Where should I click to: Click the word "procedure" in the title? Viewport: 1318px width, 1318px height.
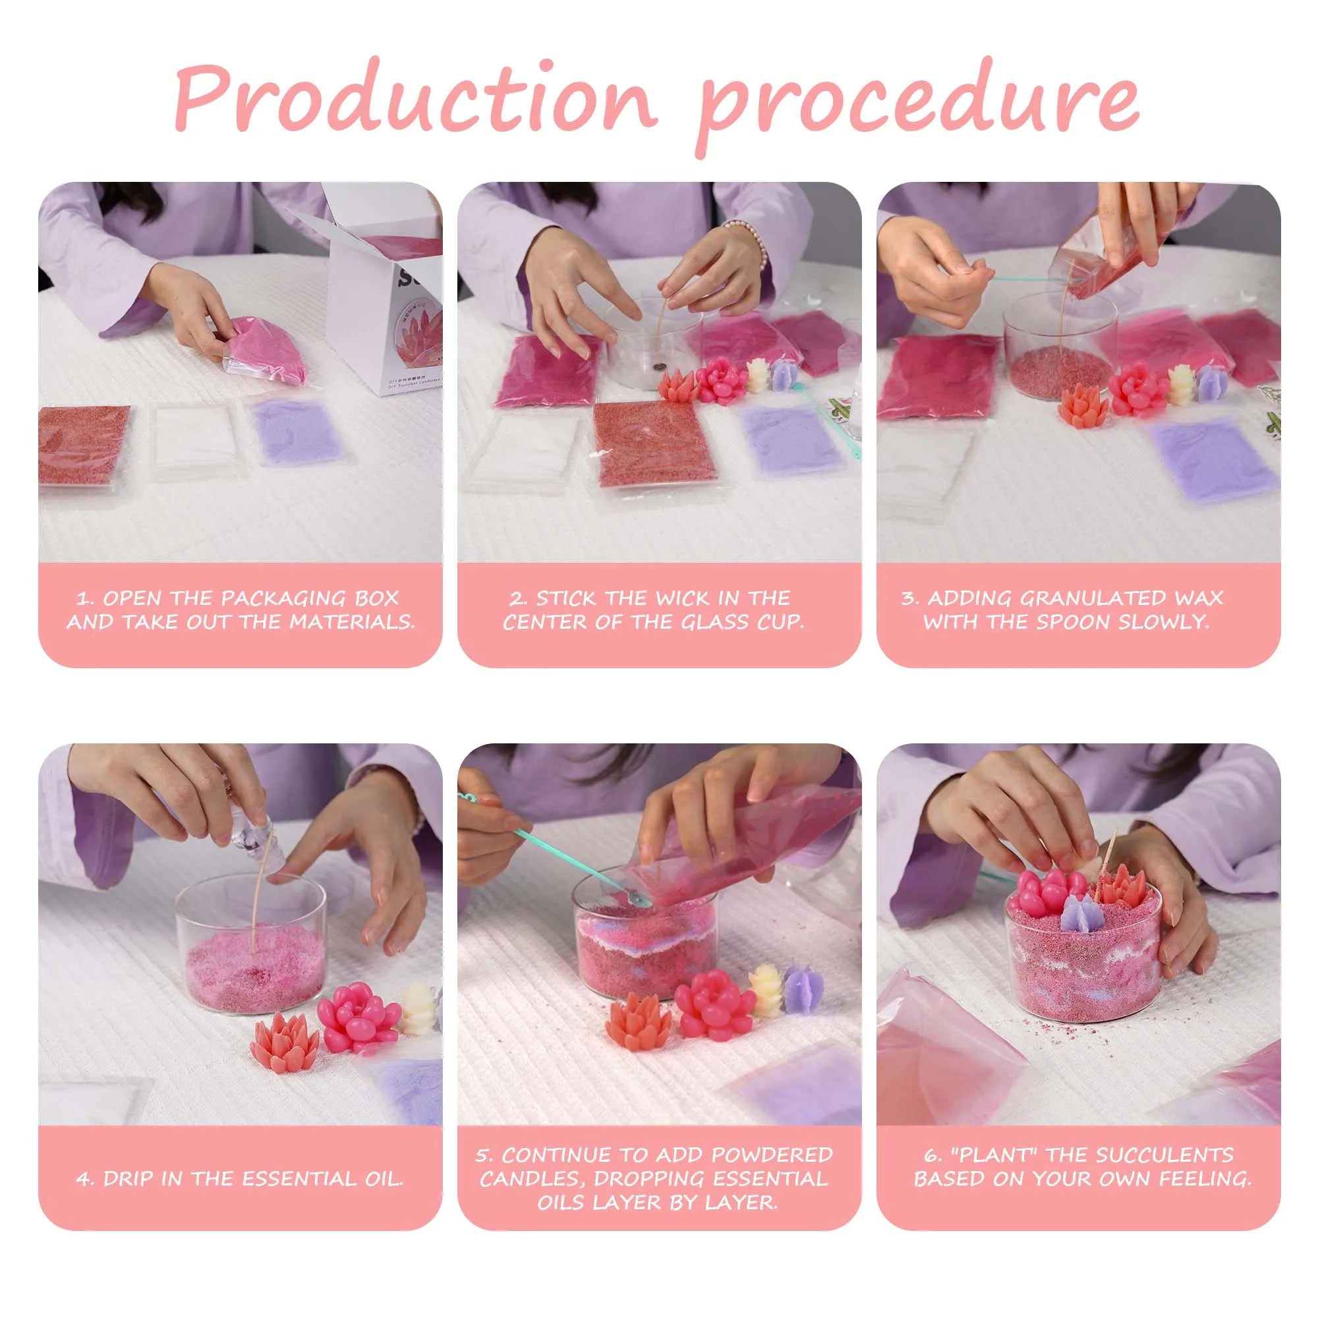pyautogui.click(x=918, y=105)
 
